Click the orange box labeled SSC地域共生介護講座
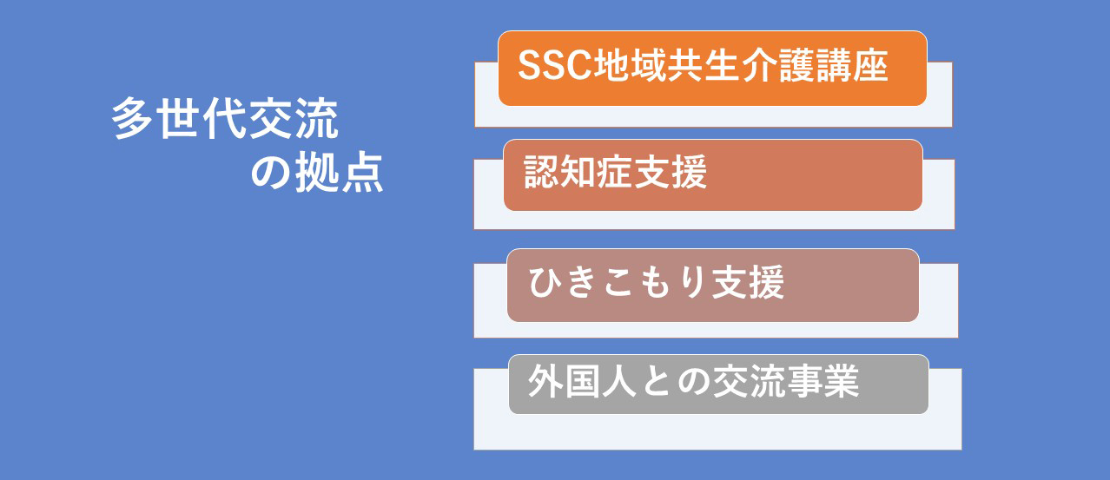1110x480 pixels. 712,69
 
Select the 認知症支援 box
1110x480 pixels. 712,174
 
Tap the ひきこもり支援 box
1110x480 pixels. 713,286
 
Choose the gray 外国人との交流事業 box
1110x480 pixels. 718,385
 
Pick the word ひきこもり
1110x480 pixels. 618,282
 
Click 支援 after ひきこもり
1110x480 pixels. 748,282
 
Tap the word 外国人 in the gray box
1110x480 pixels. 583,381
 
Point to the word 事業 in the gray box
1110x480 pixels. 823,381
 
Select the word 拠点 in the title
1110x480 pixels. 340,172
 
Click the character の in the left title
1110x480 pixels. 271,173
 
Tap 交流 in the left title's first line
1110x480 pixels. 294,118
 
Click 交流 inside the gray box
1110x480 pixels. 750,381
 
